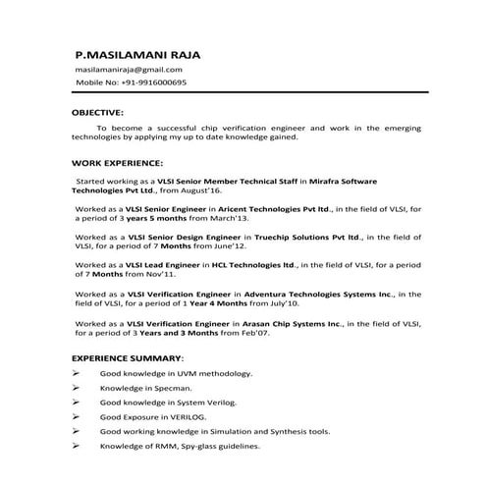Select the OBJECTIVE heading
click(x=97, y=113)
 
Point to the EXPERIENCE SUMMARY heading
click(x=128, y=360)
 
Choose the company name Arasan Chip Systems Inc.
click(x=295, y=322)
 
